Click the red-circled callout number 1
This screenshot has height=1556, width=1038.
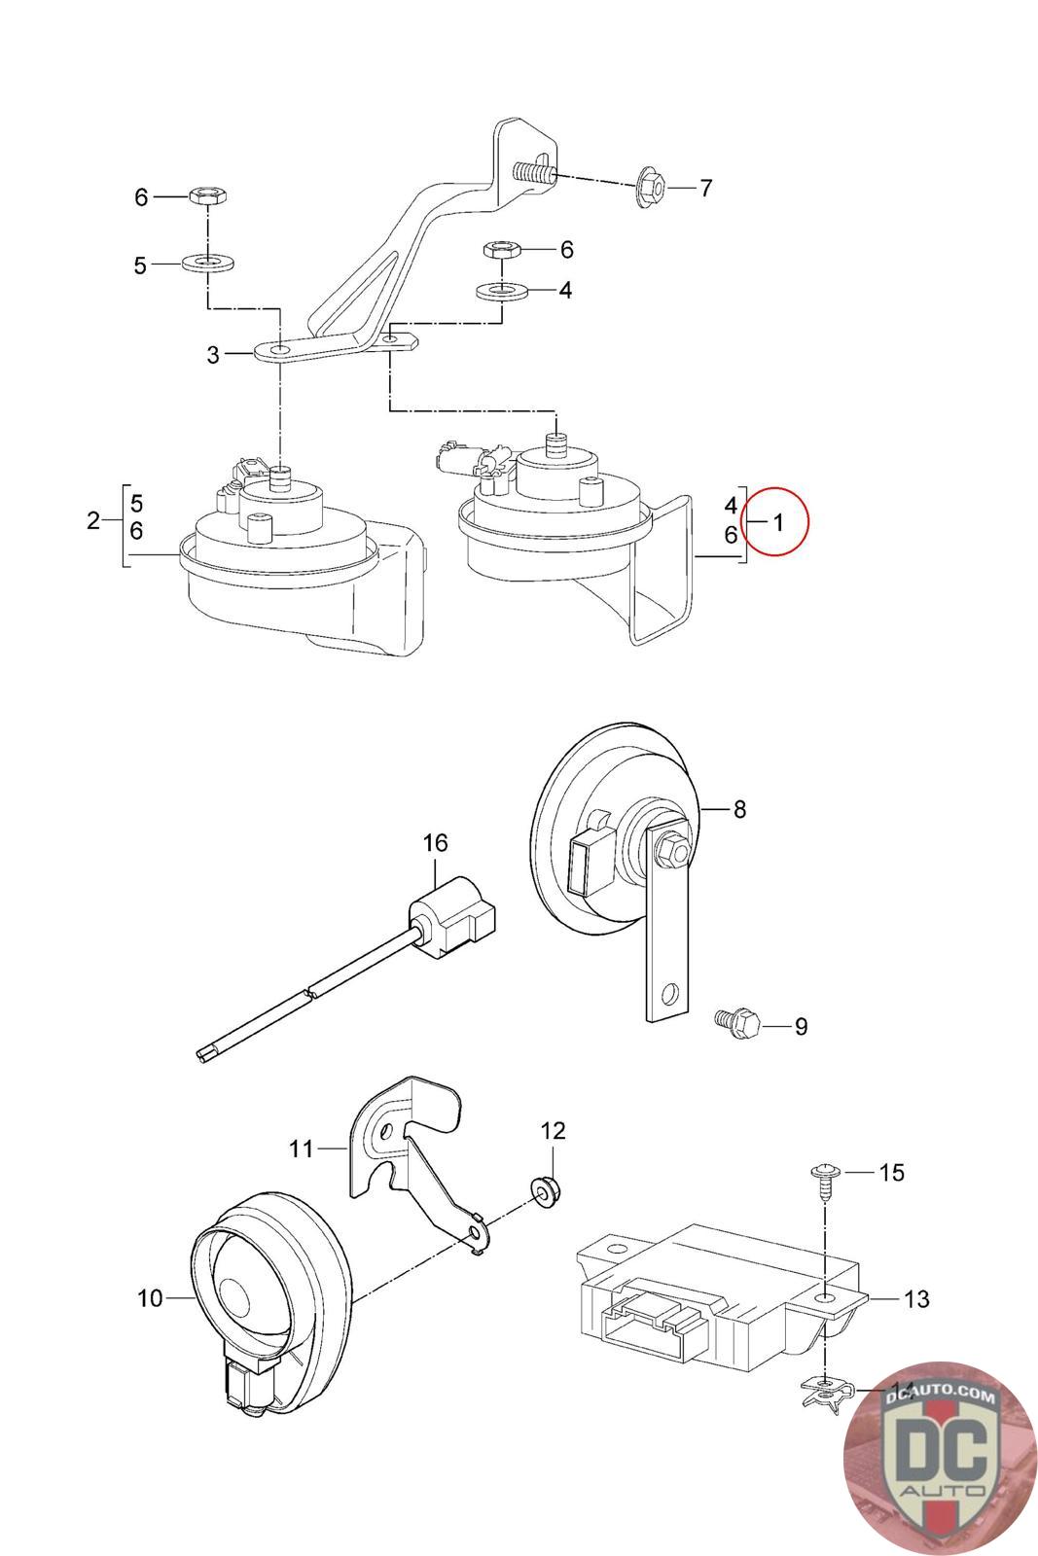[778, 522]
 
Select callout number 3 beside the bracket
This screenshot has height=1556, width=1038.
[213, 355]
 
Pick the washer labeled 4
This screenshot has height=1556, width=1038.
[500, 290]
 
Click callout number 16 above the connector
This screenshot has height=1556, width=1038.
[435, 841]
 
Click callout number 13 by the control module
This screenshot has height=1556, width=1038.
[916, 1298]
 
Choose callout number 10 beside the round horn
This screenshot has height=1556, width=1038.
[150, 1297]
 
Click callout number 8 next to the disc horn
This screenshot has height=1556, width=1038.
[739, 808]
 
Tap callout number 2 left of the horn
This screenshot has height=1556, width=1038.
[92, 520]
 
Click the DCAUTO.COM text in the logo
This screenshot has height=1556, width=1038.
[941, 1397]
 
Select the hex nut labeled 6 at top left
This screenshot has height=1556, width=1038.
[206, 195]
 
